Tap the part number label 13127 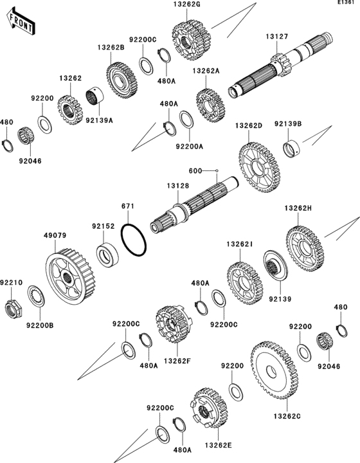pos(277,37)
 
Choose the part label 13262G pos(187,5)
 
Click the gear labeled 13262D pos(259,167)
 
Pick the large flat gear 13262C pos(274,370)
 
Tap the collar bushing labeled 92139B pos(291,148)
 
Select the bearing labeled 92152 pos(107,255)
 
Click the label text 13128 pos(178,186)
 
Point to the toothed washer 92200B pos(36,296)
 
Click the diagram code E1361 pos(346,3)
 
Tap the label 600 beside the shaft pos(195,171)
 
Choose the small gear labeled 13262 pos(70,110)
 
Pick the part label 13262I pos(240,244)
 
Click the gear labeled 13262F pos(174,323)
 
